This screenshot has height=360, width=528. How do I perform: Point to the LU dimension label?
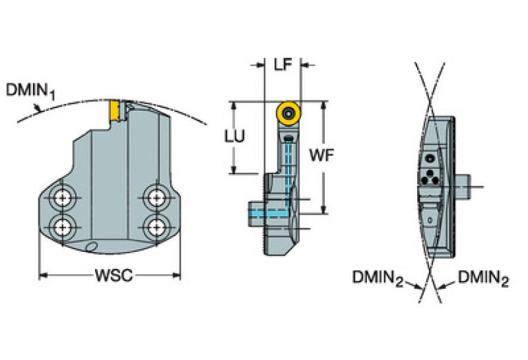(234, 137)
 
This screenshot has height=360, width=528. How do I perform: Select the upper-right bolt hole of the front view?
(156, 199)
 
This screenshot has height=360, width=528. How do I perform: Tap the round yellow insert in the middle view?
(287, 113)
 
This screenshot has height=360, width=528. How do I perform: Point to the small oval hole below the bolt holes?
(91, 247)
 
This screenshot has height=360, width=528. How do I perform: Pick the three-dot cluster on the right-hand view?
(432, 175)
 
